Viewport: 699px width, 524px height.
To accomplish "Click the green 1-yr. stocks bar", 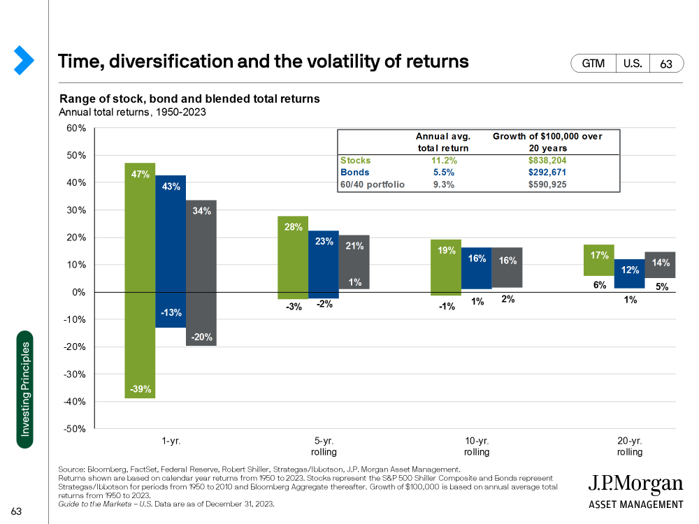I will click(140, 279).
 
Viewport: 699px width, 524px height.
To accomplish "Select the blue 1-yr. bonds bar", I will click(171, 252).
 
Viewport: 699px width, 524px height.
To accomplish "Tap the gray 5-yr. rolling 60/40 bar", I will click(354, 262).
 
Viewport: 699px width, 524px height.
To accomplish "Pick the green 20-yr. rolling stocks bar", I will click(599, 260).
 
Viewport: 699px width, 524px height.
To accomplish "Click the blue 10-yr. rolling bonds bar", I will click(477, 268).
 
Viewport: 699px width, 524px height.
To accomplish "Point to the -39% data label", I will click(140, 389).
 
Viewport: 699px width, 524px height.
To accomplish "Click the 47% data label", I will click(140, 174).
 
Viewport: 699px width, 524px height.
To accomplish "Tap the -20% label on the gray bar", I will click(201, 337).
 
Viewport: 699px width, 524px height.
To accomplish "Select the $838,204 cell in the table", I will click(547, 160).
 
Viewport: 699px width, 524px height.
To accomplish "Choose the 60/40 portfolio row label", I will click(372, 184).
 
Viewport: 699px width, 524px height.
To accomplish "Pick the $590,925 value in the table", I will click(547, 184).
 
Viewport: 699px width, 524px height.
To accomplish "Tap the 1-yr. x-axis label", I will click(171, 442).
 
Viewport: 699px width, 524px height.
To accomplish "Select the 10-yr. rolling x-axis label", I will click(477, 446).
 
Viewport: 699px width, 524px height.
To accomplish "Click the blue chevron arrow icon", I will click(24, 61).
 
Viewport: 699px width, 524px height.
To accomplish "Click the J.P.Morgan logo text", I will click(635, 484).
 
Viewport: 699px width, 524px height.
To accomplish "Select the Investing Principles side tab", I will click(25, 389).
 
